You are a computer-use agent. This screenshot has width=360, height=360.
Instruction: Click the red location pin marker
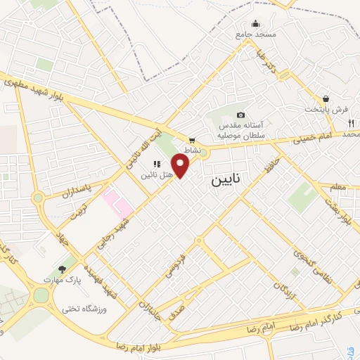click(x=182, y=166)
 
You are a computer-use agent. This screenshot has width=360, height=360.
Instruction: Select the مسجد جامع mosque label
click(x=256, y=34)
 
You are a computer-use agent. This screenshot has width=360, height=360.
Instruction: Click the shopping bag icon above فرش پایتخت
click(x=326, y=99)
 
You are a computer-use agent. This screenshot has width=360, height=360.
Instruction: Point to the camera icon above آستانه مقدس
click(x=240, y=115)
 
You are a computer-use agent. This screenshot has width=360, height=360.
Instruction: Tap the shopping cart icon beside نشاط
click(x=192, y=140)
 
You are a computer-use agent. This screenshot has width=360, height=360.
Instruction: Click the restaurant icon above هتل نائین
click(x=156, y=164)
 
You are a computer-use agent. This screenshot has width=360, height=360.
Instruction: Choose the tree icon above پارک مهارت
click(x=63, y=269)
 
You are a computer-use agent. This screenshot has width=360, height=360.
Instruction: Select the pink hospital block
click(x=117, y=200)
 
